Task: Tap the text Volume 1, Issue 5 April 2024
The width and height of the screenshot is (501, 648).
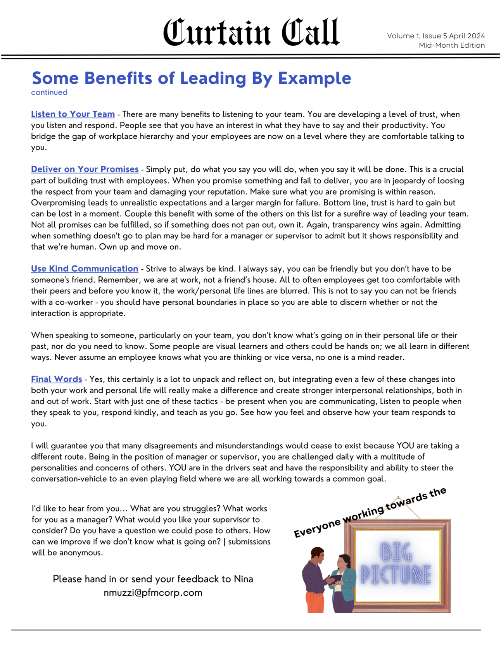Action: (x=436, y=36)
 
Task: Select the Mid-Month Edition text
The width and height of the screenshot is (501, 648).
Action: (x=451, y=45)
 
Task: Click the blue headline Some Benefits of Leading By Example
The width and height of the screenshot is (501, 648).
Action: (x=191, y=78)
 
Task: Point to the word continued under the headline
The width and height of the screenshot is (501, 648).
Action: (x=49, y=92)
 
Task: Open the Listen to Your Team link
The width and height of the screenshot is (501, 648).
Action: (x=73, y=114)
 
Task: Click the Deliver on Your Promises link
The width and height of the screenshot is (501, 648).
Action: (x=85, y=169)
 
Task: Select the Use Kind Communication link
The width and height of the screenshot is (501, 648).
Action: (x=85, y=269)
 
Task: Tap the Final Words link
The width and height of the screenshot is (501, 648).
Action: (x=57, y=379)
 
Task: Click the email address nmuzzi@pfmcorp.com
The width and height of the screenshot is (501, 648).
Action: (x=153, y=593)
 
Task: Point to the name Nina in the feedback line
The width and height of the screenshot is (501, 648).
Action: (x=244, y=579)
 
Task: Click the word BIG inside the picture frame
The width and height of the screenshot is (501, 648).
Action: (x=396, y=552)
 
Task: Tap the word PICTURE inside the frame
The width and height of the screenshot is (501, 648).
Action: (x=396, y=574)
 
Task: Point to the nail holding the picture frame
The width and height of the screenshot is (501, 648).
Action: (x=398, y=497)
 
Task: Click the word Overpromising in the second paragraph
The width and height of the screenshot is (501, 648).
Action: (x=58, y=203)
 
